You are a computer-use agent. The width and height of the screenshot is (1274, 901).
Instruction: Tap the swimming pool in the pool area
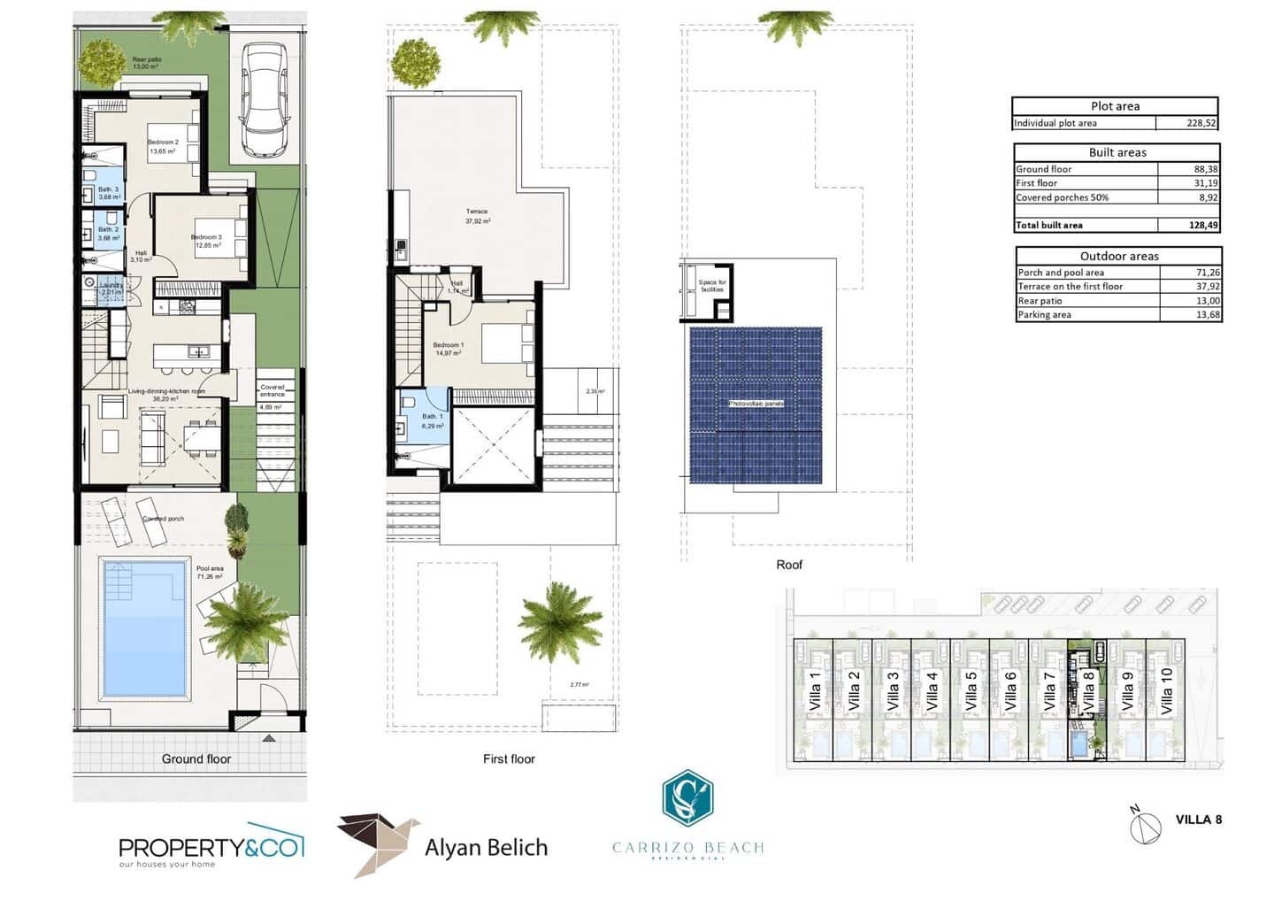pos(146,628)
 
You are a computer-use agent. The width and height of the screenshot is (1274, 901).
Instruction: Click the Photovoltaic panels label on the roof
pos(756,404)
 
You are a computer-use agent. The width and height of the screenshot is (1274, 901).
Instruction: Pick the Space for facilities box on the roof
pos(712,287)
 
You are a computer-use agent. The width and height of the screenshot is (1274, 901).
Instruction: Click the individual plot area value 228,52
pos(1201,124)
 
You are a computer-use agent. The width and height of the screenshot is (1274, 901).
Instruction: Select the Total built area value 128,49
pos(1203,225)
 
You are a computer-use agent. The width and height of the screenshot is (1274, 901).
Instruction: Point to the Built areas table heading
pos(1117,152)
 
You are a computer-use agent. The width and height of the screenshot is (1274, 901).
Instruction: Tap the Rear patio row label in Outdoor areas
pos(1040,301)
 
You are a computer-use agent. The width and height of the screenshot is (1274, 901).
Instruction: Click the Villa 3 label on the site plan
pos(893,690)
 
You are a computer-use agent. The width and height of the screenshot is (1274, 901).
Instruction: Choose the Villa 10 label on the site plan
pos(1166,690)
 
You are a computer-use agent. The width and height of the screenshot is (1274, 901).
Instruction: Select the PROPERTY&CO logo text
pos(211,847)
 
